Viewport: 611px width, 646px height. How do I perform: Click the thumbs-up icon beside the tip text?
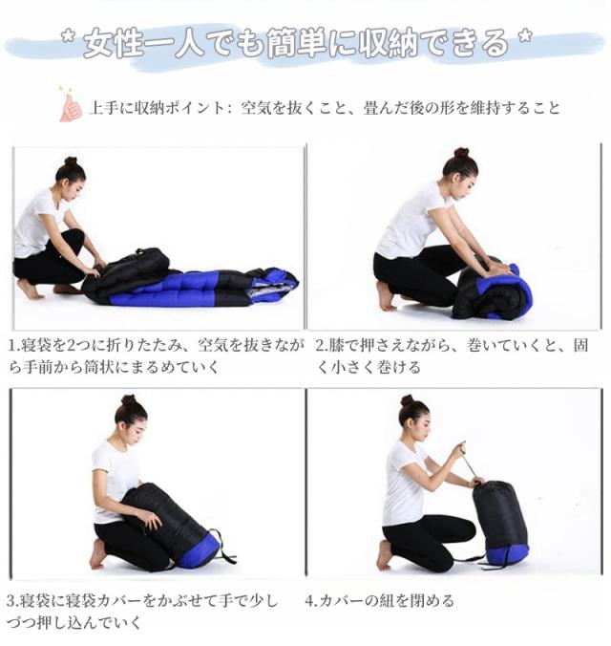pos(70,107)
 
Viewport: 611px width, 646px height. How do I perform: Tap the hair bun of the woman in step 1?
pos(70,162)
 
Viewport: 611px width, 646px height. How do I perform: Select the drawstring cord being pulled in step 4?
pos(468,465)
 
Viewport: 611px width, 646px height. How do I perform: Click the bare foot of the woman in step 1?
pos(29,289)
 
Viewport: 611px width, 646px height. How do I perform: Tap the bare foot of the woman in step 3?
pos(98,553)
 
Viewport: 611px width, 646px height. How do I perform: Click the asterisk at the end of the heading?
pos(523,40)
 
